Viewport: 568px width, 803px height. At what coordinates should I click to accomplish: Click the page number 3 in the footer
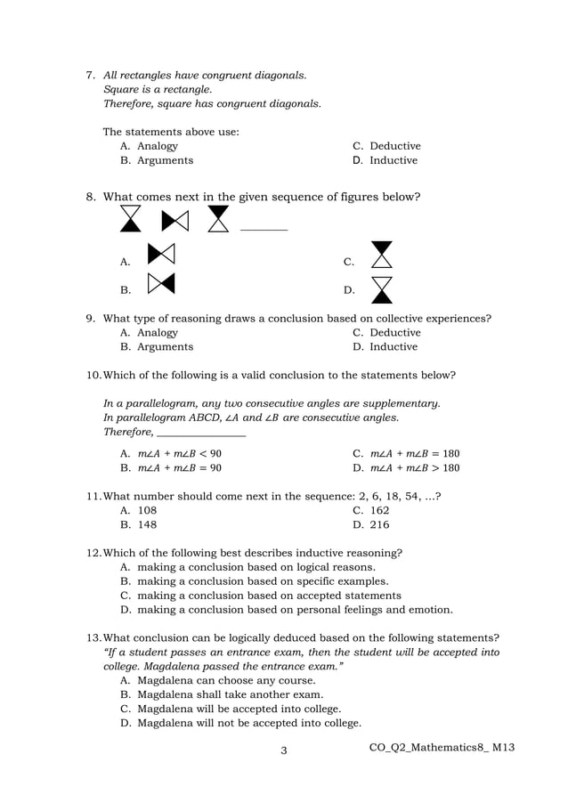[283, 751]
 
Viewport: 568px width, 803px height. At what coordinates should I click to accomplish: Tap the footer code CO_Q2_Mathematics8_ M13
[442, 747]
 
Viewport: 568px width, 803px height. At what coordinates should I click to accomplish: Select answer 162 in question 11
[378, 510]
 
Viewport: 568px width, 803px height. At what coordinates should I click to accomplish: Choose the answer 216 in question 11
[379, 524]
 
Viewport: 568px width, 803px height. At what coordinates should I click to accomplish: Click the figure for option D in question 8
[382, 289]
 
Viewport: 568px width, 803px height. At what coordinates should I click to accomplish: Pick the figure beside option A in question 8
[160, 255]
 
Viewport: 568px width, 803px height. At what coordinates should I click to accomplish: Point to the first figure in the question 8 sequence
[131, 219]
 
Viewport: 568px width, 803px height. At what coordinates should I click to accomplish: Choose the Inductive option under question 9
[393, 346]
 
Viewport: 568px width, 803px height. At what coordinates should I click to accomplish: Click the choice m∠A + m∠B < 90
[179, 453]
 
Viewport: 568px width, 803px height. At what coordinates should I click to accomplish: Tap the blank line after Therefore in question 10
[201, 434]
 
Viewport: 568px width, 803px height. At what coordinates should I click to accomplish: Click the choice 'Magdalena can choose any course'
[226, 680]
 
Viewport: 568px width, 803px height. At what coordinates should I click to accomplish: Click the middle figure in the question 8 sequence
[174, 219]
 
